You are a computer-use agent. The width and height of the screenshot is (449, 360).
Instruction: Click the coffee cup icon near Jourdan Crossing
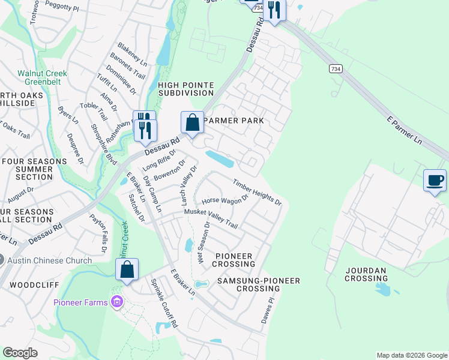(x=435, y=180)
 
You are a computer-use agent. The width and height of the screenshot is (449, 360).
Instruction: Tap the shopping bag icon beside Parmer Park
(x=192, y=123)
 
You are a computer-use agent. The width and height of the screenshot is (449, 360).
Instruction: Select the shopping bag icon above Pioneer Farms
(x=127, y=270)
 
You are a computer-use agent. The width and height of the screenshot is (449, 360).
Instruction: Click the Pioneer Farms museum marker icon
(x=116, y=302)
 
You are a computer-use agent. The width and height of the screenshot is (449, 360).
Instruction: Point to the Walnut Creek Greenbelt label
(x=42, y=78)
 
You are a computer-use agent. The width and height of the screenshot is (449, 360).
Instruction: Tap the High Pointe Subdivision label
(x=185, y=89)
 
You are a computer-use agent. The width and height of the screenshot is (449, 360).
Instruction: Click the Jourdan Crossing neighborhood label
(x=366, y=275)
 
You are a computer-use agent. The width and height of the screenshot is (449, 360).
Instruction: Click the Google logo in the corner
(x=20, y=353)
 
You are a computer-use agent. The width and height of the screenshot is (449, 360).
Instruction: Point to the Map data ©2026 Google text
(x=411, y=355)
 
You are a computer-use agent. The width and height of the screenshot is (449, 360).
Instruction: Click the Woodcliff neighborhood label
(x=28, y=284)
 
